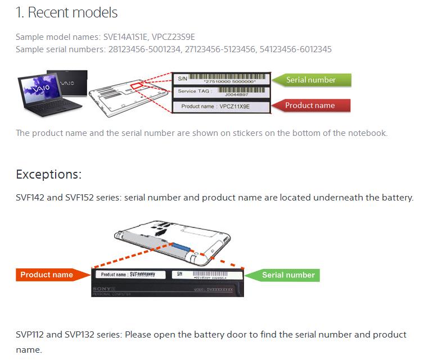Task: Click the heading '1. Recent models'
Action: pyautogui.click(x=66, y=12)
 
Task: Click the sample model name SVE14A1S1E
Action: pyautogui.click(x=126, y=38)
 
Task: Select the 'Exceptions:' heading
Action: pyautogui.click(x=49, y=174)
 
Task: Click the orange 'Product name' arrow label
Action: pyautogui.click(x=47, y=275)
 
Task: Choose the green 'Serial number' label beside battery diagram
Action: pyautogui.click(x=288, y=275)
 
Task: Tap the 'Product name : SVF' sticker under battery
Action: pyautogui.click(x=130, y=275)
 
